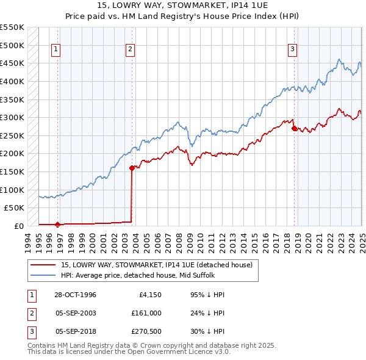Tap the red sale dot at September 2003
pyautogui.click(x=132, y=168)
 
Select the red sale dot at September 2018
pyautogui.click(x=294, y=128)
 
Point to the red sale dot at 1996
pyautogui.click(x=58, y=224)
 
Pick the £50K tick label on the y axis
pyautogui.click(x=15, y=207)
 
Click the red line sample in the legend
pyautogui.click(x=43, y=265)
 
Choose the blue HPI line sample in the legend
pyautogui.click(x=43, y=275)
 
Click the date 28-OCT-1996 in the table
pyautogui.click(x=76, y=295)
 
